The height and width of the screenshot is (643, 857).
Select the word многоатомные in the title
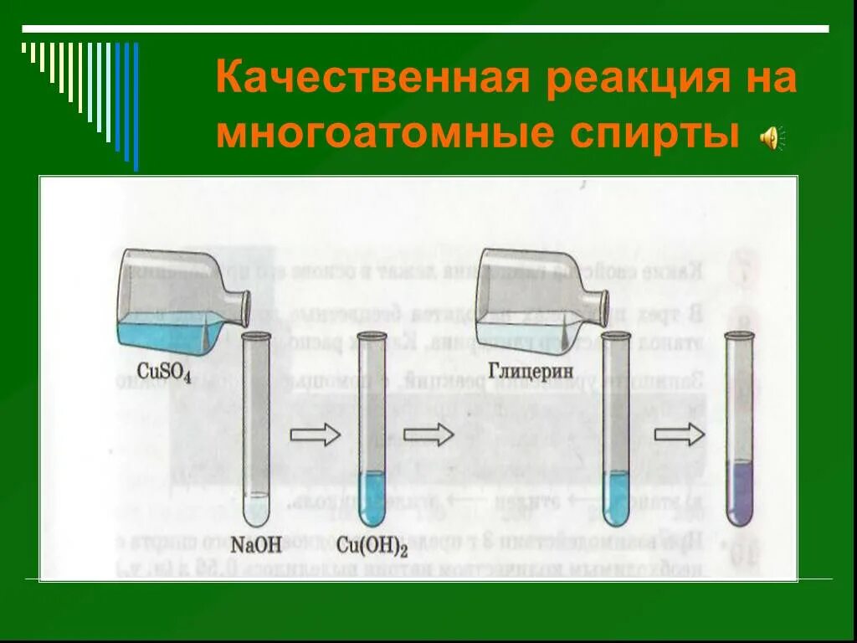coord(377,134)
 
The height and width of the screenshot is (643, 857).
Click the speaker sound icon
coord(771,136)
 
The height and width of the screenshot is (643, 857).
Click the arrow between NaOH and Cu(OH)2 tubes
coord(315,435)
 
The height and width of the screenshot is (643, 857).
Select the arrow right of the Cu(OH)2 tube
coord(428,435)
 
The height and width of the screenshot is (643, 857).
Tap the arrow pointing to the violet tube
coord(679,435)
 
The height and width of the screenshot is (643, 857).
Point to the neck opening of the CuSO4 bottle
coord(245,308)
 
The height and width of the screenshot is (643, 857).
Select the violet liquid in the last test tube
coord(739,494)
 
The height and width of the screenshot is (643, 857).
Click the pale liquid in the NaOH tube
coord(255,509)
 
